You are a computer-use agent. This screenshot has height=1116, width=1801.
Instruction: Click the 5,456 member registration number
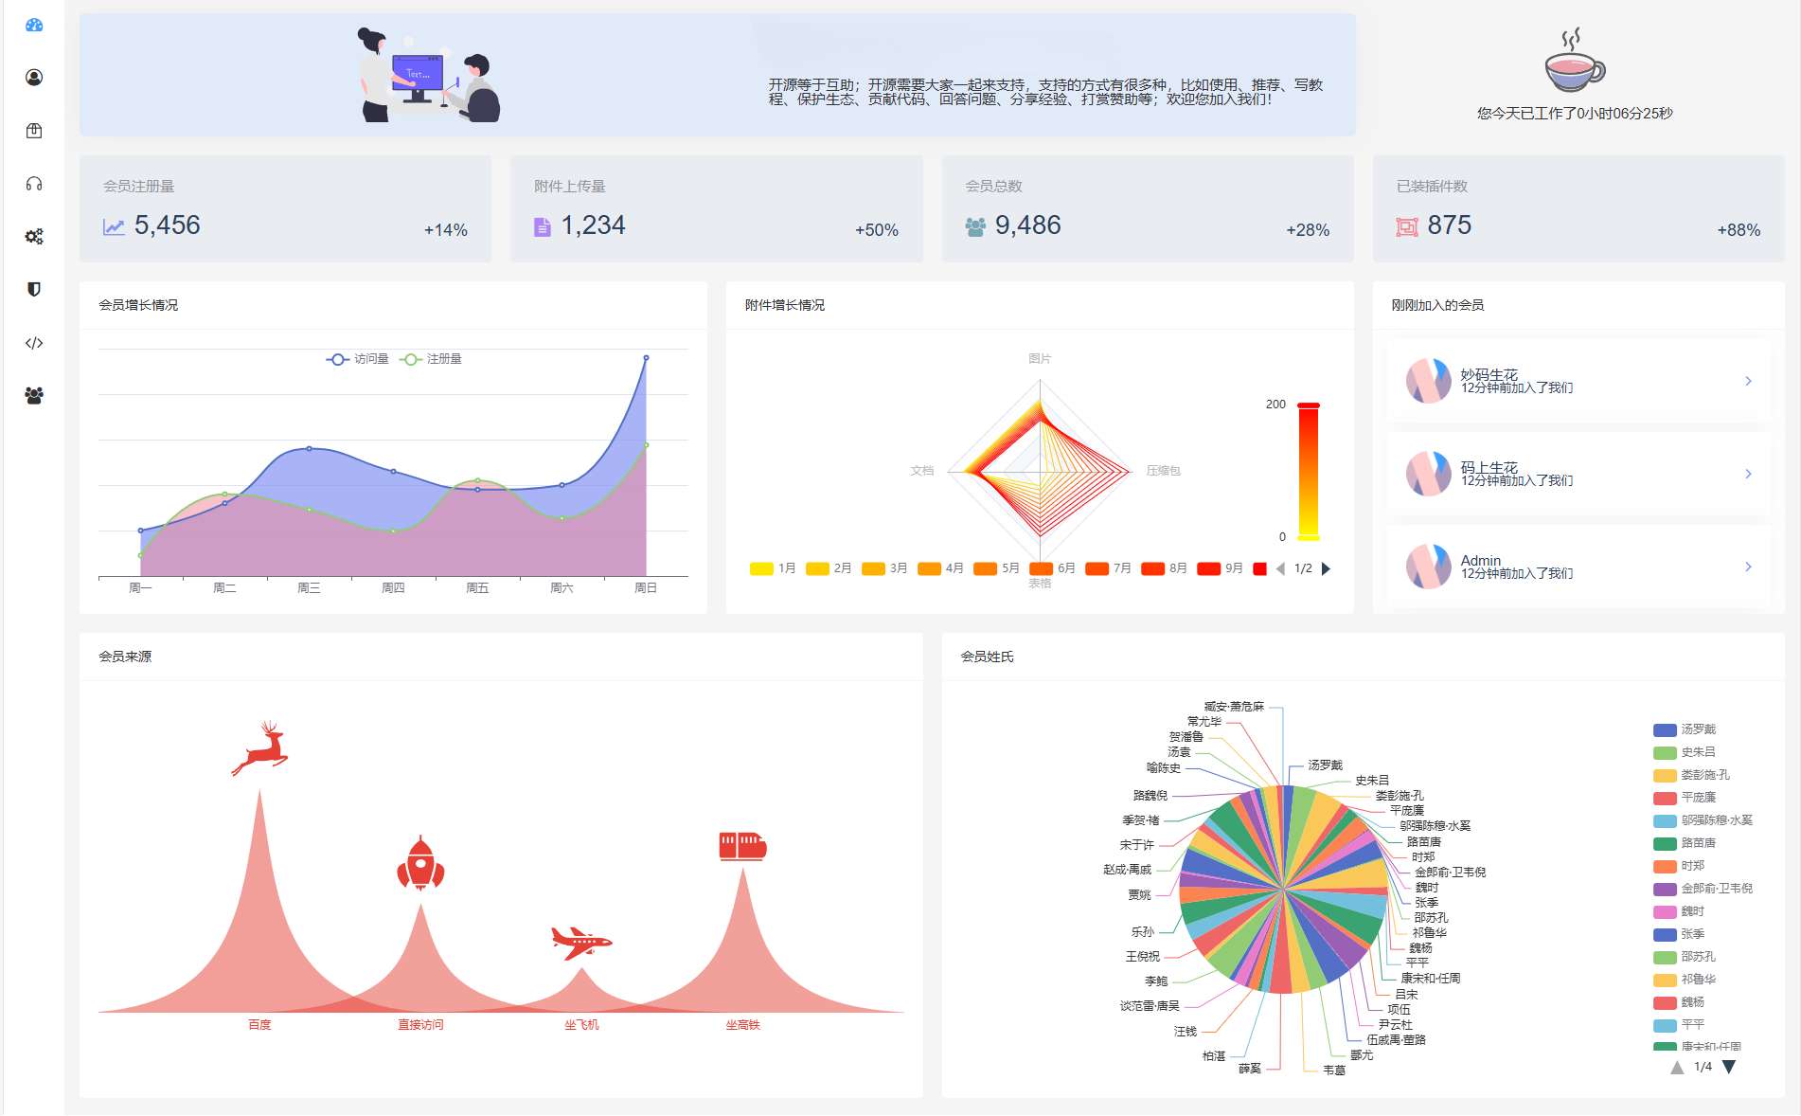tap(167, 225)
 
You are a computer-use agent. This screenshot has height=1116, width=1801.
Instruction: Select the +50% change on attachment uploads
tap(876, 230)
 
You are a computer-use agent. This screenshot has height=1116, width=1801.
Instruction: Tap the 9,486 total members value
tap(1027, 225)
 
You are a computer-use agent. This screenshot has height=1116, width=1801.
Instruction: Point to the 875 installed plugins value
tap(1449, 225)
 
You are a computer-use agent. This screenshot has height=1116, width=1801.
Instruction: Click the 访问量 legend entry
tap(359, 359)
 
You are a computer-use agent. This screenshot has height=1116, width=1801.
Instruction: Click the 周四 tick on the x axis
tap(393, 588)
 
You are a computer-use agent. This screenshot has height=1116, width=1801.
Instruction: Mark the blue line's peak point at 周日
tap(646, 358)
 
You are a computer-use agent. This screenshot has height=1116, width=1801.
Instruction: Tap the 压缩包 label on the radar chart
tap(1163, 471)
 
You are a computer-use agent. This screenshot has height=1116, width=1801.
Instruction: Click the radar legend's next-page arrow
tap(1326, 568)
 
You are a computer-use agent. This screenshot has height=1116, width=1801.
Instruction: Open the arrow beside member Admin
tap(1748, 567)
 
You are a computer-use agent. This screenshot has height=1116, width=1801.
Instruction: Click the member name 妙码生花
tap(1489, 374)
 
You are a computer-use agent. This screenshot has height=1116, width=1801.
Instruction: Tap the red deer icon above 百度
tap(260, 747)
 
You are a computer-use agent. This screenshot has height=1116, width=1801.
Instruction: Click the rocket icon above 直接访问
tap(420, 863)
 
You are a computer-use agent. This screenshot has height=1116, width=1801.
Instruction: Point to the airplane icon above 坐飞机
tap(581, 942)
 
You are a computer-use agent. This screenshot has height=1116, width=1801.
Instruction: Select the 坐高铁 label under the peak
tap(742, 1025)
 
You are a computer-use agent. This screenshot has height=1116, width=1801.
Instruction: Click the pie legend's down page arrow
tap(1729, 1067)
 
